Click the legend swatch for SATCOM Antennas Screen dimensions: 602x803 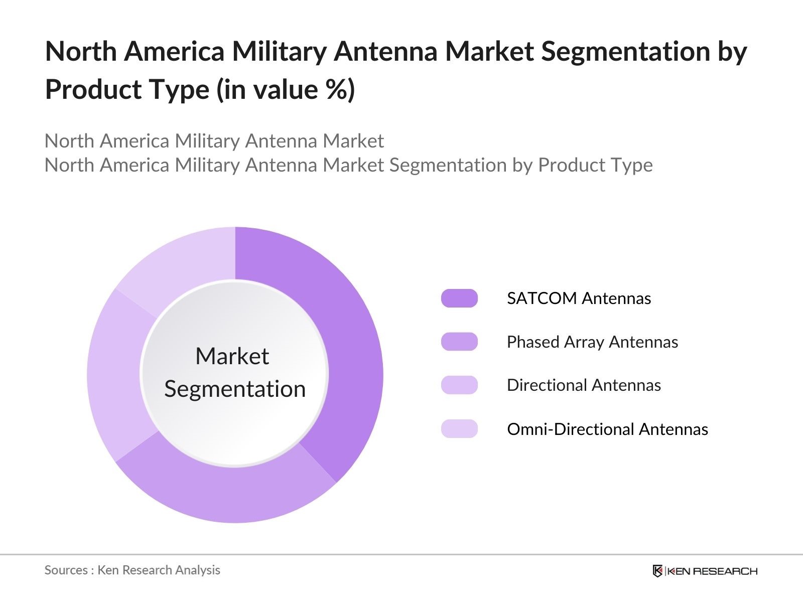point(459,298)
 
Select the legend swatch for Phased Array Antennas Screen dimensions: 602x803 point(459,342)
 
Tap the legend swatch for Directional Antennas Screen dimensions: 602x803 point(459,385)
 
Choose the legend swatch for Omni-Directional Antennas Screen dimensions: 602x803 point(459,429)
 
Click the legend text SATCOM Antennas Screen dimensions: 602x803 point(579,298)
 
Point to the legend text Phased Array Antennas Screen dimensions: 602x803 point(592,342)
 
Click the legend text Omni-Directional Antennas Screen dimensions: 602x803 point(607,429)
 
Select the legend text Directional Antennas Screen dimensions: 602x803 point(584,385)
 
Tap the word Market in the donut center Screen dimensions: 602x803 point(232,356)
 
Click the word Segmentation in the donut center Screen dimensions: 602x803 point(235,389)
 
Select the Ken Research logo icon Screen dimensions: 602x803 point(657,571)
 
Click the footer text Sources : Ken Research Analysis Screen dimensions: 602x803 point(132,570)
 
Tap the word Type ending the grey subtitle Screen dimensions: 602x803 point(634,165)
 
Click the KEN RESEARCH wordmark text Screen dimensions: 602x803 point(713,571)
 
